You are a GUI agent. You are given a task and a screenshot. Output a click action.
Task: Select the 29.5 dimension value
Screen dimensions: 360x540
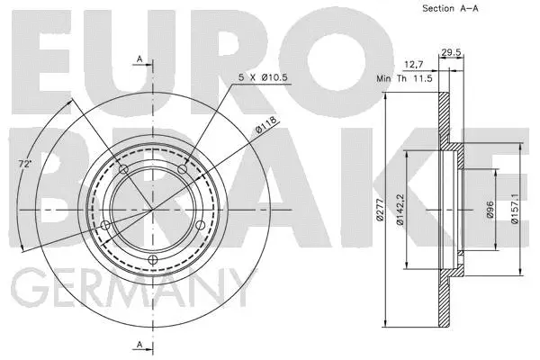452,53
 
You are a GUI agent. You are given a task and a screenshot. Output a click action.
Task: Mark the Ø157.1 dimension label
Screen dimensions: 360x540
514,210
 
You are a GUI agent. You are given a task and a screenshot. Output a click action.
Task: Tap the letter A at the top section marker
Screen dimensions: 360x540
140,58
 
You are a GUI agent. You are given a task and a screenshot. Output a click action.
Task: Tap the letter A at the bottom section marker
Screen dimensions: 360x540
140,346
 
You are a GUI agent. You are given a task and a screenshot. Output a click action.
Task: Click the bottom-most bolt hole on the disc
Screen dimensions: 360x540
151,261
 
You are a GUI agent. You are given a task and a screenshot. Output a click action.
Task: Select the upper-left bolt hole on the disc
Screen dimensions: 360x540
123,170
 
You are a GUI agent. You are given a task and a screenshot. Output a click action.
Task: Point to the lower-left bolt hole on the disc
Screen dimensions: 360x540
105,225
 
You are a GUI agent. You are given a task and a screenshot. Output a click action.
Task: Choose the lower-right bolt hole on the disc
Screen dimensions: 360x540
198,226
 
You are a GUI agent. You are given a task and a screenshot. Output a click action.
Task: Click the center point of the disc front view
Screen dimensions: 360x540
151,211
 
